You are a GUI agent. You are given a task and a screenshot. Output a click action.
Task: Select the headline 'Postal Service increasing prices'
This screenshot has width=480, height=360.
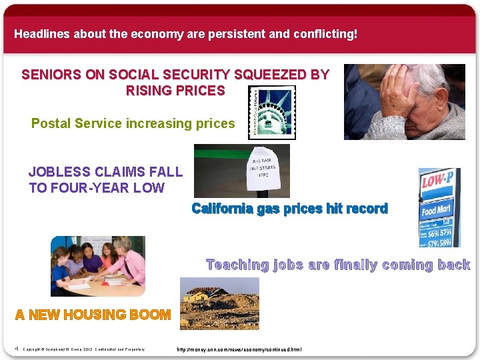pos(133,123)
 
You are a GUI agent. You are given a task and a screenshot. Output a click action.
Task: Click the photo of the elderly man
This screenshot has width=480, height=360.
pos(404,102)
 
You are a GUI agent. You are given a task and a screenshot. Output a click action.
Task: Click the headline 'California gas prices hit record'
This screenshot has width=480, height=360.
pos(289,209)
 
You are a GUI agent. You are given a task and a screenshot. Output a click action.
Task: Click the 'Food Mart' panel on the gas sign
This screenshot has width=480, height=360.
pos(437,211)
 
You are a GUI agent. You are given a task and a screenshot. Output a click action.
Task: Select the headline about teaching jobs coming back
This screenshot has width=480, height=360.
pos(338,265)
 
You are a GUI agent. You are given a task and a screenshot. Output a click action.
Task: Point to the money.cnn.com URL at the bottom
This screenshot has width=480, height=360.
pos(239,349)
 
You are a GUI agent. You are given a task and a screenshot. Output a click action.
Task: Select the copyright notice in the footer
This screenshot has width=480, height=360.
pos(83,349)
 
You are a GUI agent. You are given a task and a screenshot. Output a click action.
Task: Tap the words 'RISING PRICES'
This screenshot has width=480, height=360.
pos(175,91)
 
